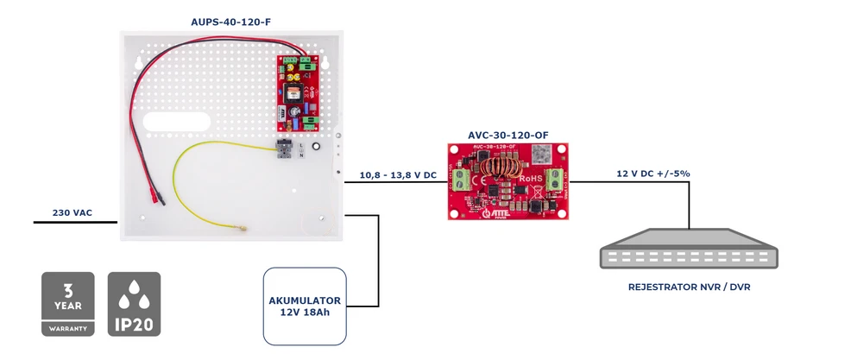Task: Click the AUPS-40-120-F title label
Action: point(227,20)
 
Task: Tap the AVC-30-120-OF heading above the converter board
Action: point(507,135)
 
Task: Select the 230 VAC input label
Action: point(72,212)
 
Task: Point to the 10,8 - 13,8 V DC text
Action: point(397,175)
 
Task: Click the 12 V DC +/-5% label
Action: point(652,174)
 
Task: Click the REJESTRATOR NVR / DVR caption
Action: point(689,286)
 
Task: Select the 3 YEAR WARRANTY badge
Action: point(68,304)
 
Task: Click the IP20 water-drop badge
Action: point(134,304)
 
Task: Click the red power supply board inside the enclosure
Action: point(298,91)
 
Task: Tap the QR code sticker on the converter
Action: point(540,154)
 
